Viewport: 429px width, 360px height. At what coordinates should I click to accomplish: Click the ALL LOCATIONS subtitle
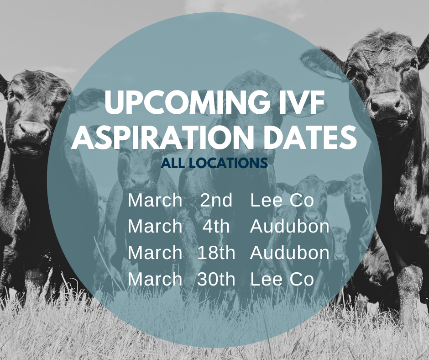coord(214,163)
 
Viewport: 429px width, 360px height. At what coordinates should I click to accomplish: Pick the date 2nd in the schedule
coord(216,201)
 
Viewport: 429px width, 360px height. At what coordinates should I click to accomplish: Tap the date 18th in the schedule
coord(216,253)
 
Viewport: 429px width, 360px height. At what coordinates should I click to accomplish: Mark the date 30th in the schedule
coord(216,279)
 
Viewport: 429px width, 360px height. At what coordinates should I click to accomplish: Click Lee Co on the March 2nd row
coord(282,201)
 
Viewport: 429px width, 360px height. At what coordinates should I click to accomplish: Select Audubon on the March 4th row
coord(290,227)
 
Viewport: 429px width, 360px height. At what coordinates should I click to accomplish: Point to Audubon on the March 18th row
coord(290,253)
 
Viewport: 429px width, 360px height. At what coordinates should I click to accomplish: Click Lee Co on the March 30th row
coord(282,279)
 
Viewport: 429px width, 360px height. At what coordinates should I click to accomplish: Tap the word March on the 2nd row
coord(155,201)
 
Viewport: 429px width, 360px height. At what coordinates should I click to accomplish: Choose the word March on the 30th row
coord(155,279)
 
